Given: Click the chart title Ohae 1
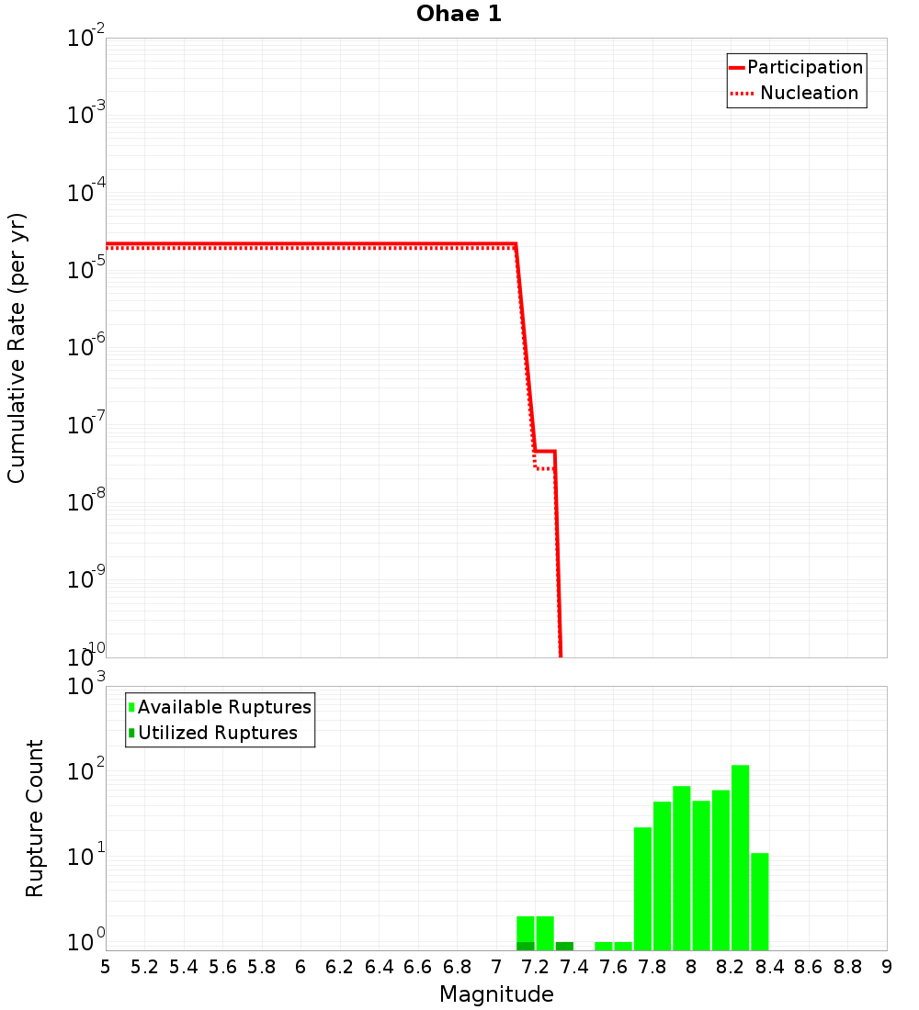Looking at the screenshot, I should [459, 14].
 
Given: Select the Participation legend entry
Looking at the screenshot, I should [804, 67].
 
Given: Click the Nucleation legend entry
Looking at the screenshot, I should [808, 93].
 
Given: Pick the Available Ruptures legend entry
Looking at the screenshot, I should [223, 707].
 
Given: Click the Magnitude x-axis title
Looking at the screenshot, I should [496, 994].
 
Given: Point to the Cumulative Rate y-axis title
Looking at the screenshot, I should [17, 348].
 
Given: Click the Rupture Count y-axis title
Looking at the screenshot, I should [35, 818].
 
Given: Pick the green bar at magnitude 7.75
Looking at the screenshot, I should [642, 889].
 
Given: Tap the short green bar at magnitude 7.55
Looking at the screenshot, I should [604, 946].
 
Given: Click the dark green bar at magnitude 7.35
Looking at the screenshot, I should [564, 946].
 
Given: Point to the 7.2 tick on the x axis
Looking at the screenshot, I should [535, 966].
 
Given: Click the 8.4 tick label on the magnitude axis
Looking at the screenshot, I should [769, 966].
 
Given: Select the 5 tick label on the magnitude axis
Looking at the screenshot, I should [106, 966].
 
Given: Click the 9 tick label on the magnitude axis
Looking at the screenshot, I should [887, 966].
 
